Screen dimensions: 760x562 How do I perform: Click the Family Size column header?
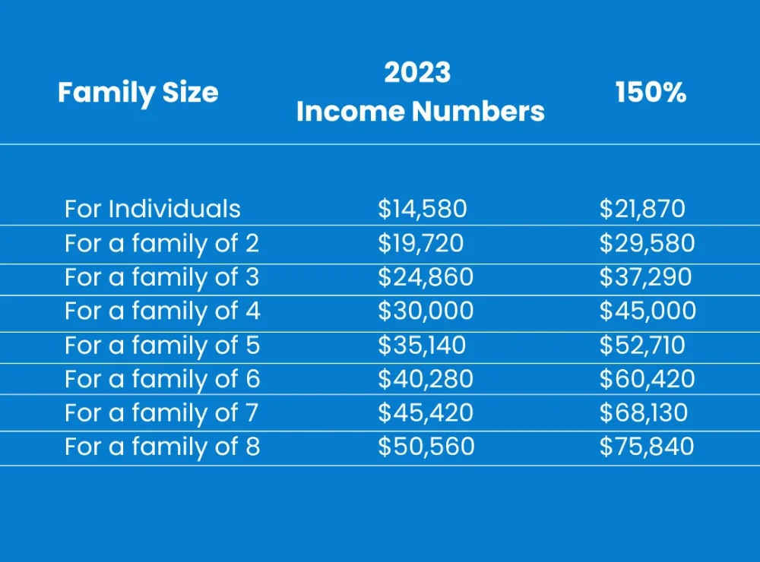pyautogui.click(x=138, y=93)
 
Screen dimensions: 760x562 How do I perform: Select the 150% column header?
pyautogui.click(x=651, y=92)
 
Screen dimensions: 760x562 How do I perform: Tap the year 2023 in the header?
pyautogui.click(x=417, y=73)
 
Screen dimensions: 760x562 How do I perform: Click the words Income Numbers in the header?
pyautogui.click(x=420, y=112)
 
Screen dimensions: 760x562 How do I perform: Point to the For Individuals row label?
pyautogui.click(x=153, y=209)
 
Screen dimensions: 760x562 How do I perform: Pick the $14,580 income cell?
pyautogui.click(x=422, y=209)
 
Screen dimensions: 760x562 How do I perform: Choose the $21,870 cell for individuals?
pyautogui.click(x=642, y=209)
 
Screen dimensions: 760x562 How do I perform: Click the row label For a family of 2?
pyautogui.click(x=162, y=244)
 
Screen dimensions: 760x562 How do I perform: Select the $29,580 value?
pyautogui.click(x=647, y=243)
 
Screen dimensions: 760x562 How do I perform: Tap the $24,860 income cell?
pyautogui.click(x=426, y=276)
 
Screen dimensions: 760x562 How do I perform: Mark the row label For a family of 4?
pyautogui.click(x=163, y=311)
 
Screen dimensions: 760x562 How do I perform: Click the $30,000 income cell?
pyautogui.click(x=426, y=311)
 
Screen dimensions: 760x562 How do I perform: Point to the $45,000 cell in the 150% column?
pyautogui.click(x=648, y=311)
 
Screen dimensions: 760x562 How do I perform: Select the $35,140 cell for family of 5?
pyautogui.click(x=422, y=345)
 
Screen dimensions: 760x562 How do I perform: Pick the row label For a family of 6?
pyautogui.click(x=163, y=380)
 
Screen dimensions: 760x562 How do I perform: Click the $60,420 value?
pyautogui.click(x=647, y=379)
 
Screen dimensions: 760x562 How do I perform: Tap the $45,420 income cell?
pyautogui.click(x=426, y=413)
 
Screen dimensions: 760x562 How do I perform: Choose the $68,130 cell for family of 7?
pyautogui.click(x=644, y=413)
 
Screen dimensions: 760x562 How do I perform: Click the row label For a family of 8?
pyautogui.click(x=163, y=447)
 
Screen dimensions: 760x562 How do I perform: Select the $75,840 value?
pyautogui.click(x=647, y=447)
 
